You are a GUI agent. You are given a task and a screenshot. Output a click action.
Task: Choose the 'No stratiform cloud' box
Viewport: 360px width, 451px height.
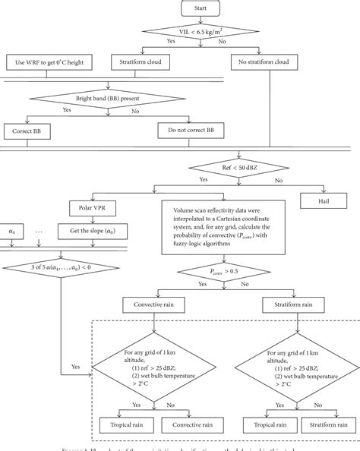point(252,62)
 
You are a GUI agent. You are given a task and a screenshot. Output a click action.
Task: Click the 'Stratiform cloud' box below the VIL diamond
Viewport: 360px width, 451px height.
point(141,62)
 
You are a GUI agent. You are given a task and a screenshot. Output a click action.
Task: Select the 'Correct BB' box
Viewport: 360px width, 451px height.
point(28,131)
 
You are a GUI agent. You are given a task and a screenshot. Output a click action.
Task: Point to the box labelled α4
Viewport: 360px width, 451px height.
point(11,230)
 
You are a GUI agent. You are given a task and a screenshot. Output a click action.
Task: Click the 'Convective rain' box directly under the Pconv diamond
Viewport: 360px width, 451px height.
point(154,305)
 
